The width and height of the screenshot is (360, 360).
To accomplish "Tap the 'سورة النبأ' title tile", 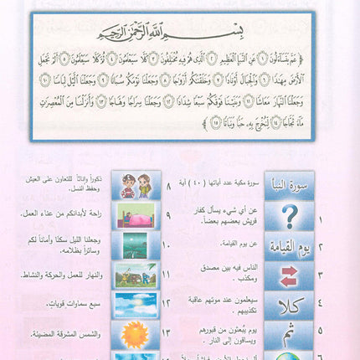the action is point(289,185).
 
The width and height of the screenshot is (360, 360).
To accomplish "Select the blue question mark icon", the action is point(289,215).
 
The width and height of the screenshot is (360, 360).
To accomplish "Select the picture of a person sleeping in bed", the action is point(136,216).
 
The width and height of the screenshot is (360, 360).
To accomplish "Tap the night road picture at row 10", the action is point(136,245).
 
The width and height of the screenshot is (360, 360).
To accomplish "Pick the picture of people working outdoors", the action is point(136,275).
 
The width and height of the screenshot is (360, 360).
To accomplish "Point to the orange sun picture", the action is point(136,334).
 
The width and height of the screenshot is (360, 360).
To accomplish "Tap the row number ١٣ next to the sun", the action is point(172,335).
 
